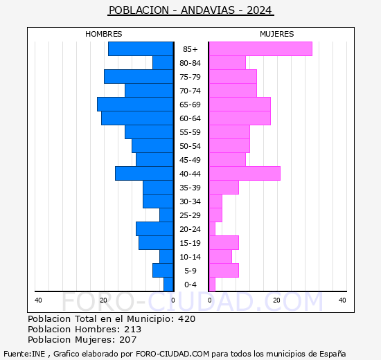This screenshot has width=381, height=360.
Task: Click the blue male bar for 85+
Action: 141,49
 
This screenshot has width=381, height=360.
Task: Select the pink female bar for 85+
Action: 260,49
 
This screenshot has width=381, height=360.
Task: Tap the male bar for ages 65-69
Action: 135,105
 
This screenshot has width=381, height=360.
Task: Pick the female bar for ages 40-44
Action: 245,174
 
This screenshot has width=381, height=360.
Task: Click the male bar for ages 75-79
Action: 139,77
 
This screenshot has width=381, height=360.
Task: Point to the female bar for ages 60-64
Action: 240,118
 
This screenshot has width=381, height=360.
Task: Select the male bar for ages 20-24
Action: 154,229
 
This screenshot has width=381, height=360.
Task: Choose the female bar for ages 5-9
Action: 224,271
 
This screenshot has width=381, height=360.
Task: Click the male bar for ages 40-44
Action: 144,174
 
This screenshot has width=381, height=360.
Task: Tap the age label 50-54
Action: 190,146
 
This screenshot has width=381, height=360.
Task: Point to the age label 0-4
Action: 190,285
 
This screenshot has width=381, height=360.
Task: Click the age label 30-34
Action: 190,201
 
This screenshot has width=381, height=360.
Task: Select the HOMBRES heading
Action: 104,34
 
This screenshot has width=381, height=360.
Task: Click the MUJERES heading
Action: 276,34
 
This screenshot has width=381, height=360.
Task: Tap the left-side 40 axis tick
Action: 38,300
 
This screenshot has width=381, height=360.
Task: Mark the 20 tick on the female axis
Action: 276,300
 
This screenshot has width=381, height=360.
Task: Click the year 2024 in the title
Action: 258,10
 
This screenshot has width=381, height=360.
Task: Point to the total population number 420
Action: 186,319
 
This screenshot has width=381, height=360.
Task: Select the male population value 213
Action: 132,330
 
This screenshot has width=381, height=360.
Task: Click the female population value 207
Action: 127,340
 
